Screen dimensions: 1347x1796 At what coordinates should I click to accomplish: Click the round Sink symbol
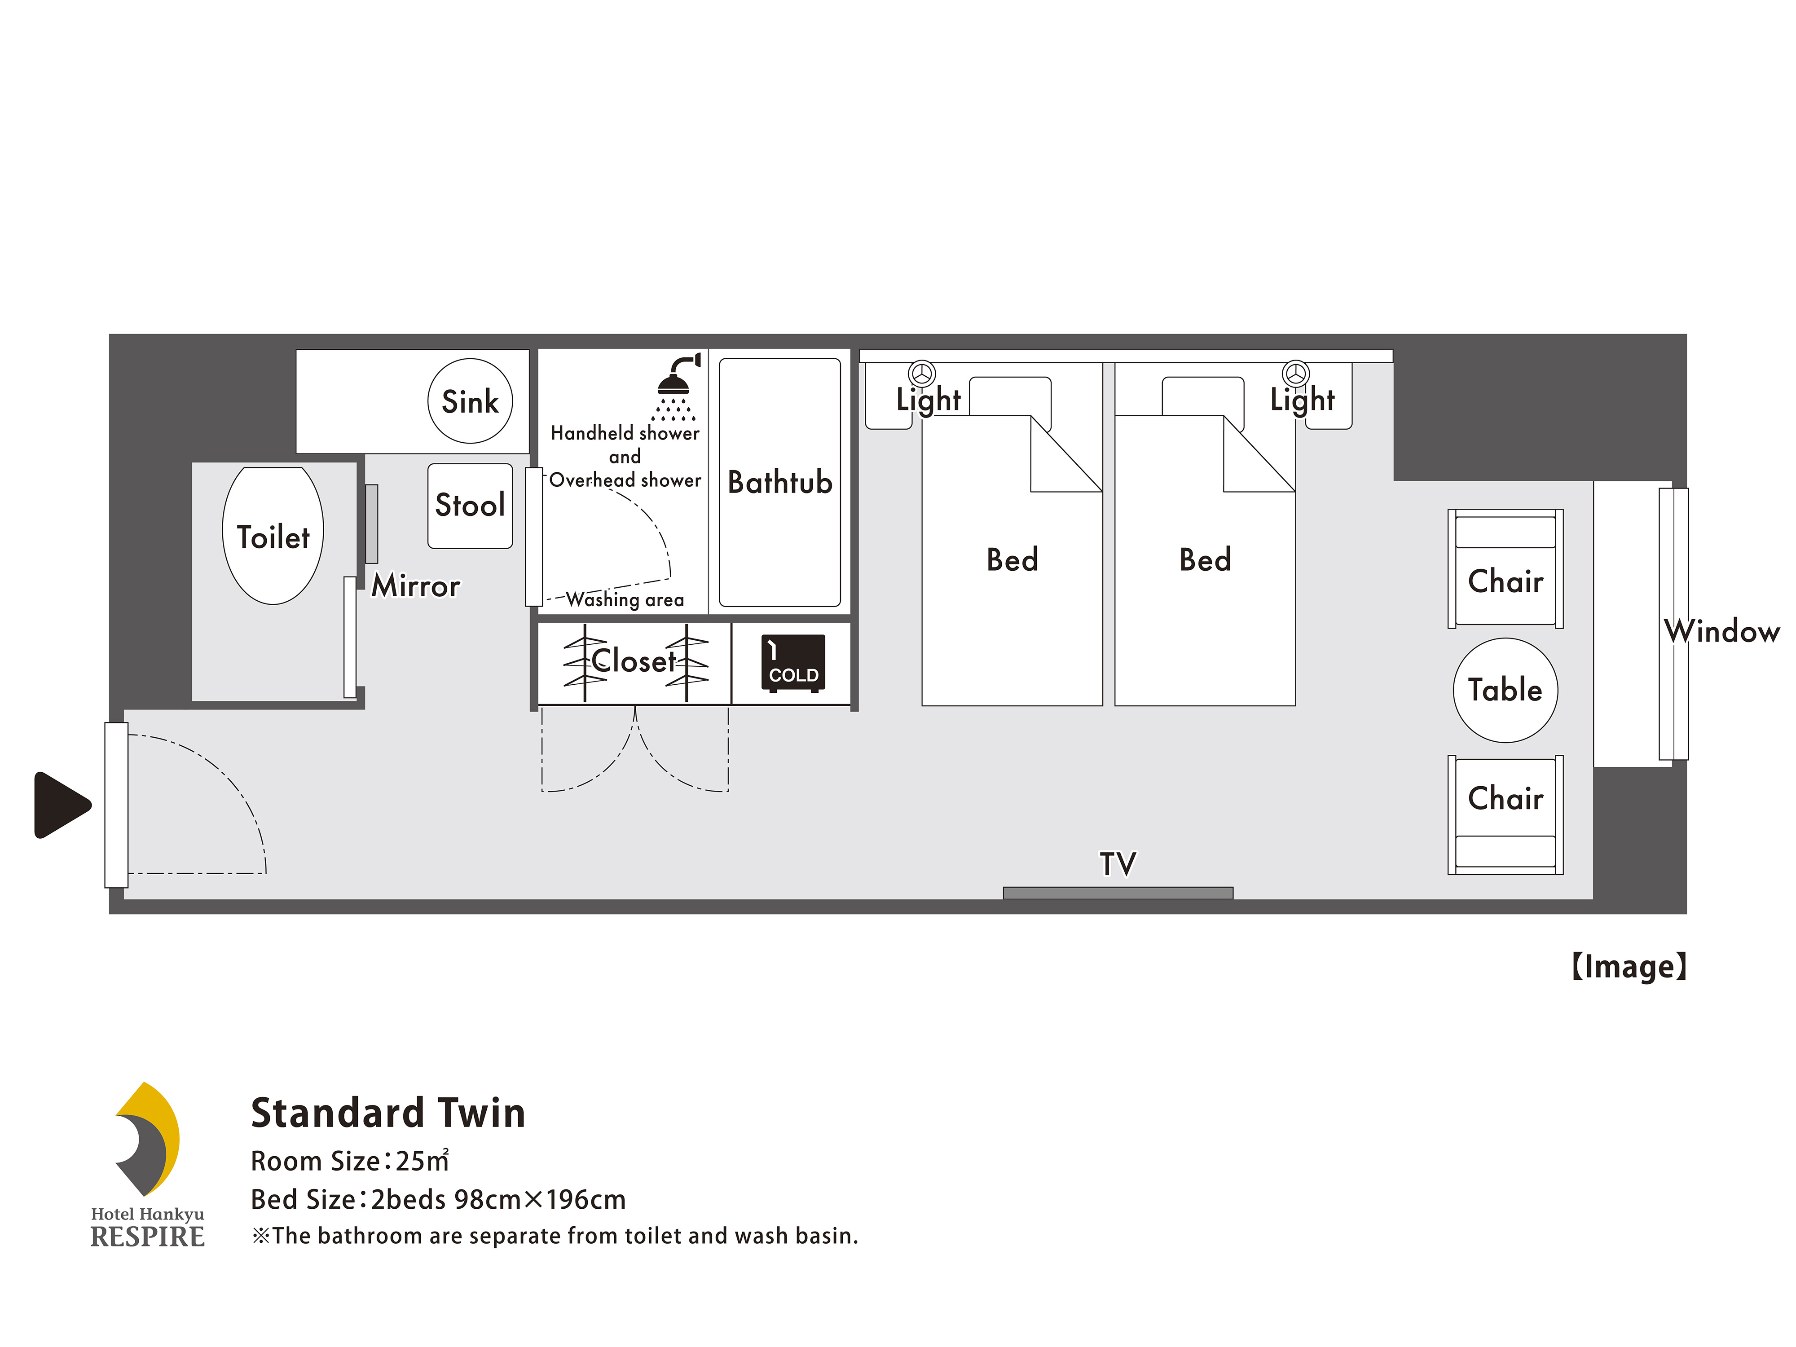[x=470, y=401]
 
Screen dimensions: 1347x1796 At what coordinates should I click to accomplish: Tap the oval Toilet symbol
[x=273, y=536]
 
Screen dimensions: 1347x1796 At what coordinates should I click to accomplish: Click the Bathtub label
[x=779, y=482]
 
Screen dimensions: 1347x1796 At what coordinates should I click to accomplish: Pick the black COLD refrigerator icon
[x=793, y=663]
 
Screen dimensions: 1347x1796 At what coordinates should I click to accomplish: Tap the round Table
[x=1505, y=690]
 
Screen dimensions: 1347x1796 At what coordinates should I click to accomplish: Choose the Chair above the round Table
[x=1505, y=568]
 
